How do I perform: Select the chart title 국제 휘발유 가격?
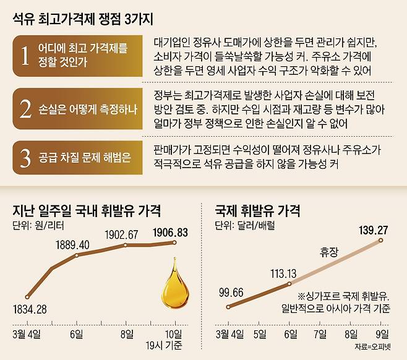point(257,211)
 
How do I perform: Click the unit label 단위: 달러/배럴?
point(244,225)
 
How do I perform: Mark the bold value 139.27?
point(373,230)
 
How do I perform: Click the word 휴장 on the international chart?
point(330,253)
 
